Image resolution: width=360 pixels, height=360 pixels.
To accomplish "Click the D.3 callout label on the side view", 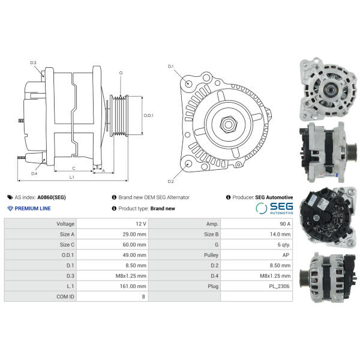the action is point(33,62).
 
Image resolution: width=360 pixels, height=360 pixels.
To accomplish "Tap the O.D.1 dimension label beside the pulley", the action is point(148,115).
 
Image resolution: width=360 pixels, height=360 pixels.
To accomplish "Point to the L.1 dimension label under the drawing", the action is point(72,177).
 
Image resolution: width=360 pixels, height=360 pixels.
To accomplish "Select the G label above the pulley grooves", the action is point(121,73).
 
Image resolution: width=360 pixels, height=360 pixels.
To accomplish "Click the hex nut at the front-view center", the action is point(228,124).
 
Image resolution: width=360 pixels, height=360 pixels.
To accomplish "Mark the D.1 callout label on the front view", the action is point(170,67).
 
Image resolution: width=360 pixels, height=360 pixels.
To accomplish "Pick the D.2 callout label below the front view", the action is point(170,181).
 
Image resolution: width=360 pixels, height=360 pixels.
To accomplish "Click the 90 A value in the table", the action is point(285,224).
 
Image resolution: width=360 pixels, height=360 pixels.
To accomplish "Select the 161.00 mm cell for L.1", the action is point(133,286).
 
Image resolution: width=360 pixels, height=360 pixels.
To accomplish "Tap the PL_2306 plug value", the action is point(279,286).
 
